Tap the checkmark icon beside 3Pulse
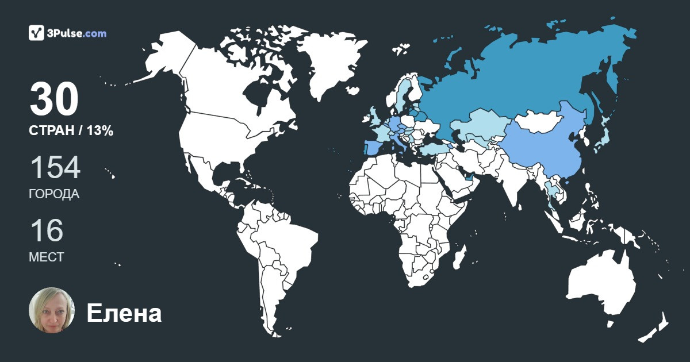(36, 33)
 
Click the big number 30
(54, 100)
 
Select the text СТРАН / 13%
(71, 131)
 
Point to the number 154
(55, 168)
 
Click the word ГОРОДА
(54, 194)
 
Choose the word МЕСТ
(46, 257)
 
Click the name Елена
(124, 313)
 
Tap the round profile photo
(52, 310)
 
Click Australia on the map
(601, 284)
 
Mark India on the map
(512, 181)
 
